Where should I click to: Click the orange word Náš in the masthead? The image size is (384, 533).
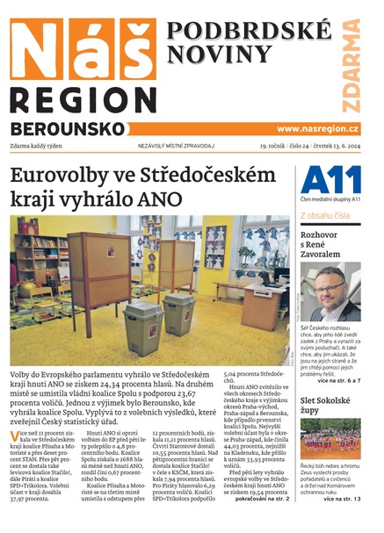(x=79, y=50)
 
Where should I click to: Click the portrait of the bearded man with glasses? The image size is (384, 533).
(x=335, y=292)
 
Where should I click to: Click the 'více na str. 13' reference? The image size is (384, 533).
(x=341, y=499)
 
